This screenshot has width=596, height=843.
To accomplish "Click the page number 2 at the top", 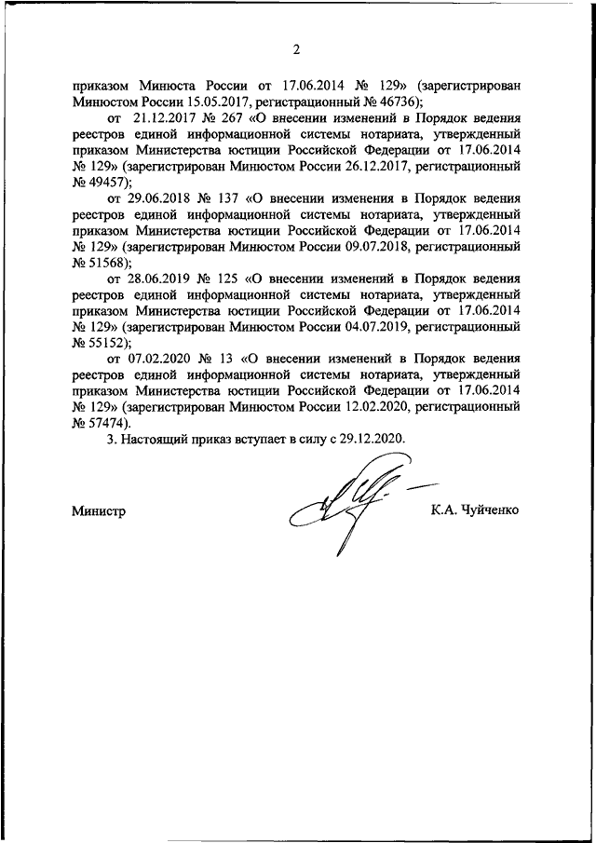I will point(298,48).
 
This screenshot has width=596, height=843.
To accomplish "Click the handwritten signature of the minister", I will point(349,508).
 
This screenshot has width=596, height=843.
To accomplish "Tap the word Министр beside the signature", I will point(98,510).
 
